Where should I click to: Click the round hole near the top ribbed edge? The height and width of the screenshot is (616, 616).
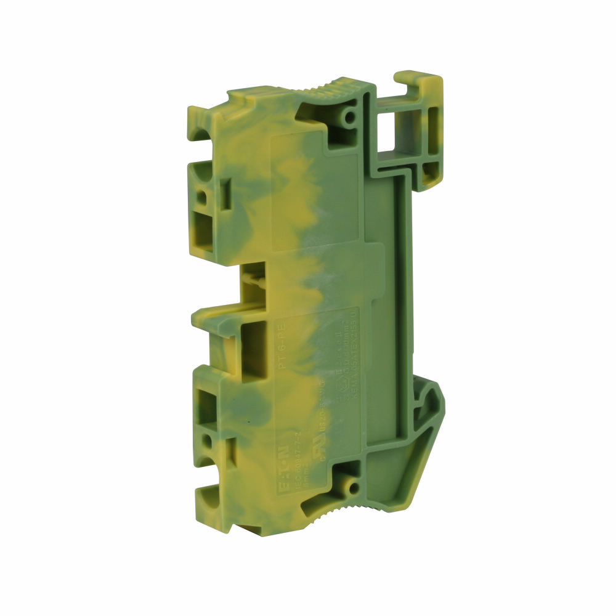(351, 116)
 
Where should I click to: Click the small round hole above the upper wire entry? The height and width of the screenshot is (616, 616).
(201, 197)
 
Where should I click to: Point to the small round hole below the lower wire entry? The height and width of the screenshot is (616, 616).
(209, 442)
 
